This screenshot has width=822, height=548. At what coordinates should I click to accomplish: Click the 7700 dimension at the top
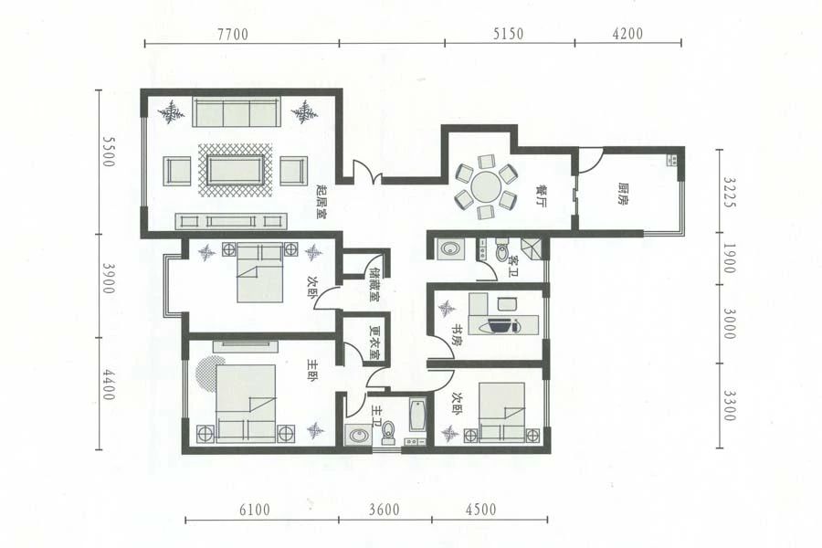click(233, 34)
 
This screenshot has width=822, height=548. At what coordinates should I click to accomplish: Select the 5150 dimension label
click(508, 34)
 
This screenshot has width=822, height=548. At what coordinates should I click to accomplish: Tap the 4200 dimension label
click(627, 34)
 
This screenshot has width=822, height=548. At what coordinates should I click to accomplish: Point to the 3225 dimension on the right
click(729, 192)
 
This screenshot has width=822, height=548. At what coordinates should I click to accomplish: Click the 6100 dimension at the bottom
click(255, 510)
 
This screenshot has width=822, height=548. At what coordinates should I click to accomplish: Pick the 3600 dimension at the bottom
click(385, 510)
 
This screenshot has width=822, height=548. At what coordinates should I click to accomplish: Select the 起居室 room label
click(321, 200)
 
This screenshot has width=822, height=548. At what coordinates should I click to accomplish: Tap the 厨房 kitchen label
click(623, 194)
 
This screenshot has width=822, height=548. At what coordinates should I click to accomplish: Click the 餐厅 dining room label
click(541, 195)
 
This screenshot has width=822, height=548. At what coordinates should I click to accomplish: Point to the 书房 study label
click(458, 332)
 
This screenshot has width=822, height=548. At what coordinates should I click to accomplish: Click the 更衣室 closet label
click(374, 343)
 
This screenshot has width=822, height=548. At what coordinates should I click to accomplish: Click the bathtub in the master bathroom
click(417, 416)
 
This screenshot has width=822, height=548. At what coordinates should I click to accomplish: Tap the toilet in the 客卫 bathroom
click(501, 250)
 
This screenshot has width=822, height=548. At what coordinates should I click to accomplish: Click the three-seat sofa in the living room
click(235, 111)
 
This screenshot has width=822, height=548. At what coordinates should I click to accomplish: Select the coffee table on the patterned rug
click(235, 170)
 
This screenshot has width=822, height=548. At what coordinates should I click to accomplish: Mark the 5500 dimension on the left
click(108, 152)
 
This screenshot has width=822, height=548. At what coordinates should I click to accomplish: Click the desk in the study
click(504, 319)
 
